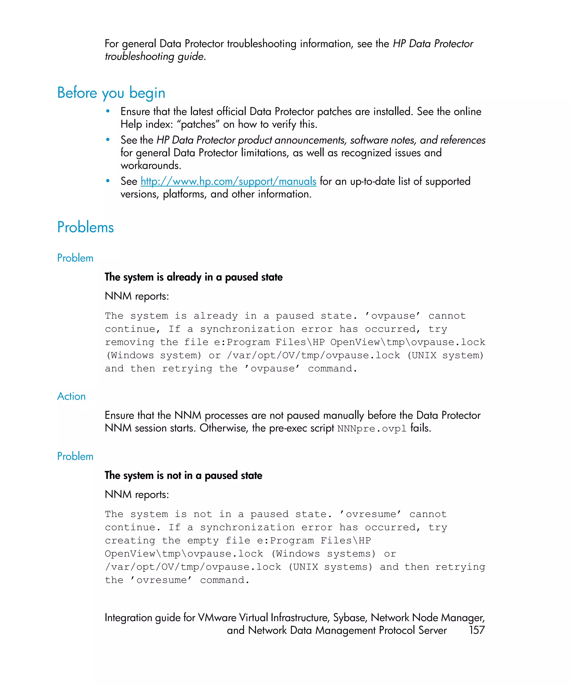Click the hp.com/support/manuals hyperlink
tap(228, 181)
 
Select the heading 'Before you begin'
tap(111, 93)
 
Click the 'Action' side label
tap(71, 396)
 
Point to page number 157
tap(477, 630)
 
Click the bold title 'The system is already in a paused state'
tap(193, 277)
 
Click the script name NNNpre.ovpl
tap(372, 428)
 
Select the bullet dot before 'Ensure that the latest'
tap(108, 111)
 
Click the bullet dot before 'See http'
tap(108, 181)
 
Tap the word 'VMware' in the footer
tap(217, 618)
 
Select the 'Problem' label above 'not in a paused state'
tap(75, 456)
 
